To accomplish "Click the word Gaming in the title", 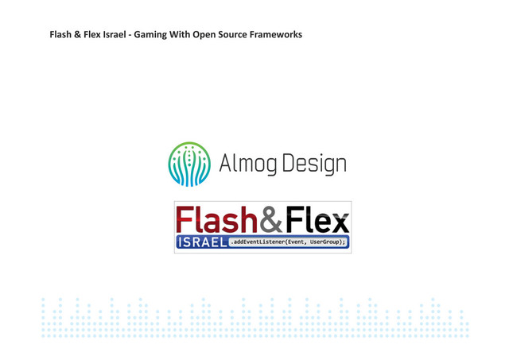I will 150,35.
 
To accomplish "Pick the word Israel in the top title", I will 115,35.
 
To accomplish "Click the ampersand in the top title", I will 79,35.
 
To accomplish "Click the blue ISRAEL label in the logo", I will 201,242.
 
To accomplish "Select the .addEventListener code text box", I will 289,242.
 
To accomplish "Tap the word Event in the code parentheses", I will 292,242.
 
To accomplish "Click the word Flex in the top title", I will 93,35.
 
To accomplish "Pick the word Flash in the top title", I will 62,35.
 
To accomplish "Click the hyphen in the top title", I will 130,35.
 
